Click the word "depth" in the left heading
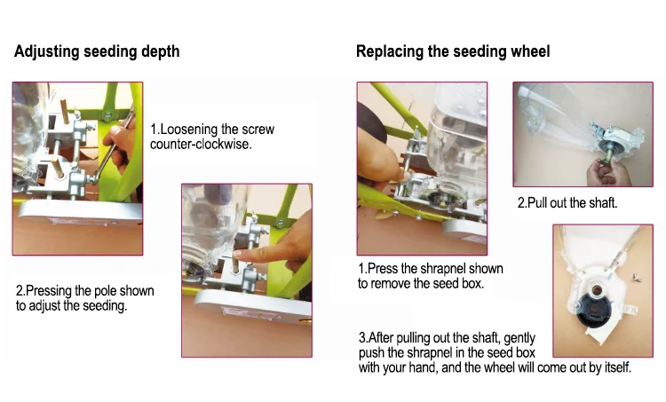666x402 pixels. (160, 51)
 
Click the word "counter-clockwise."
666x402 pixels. (201, 145)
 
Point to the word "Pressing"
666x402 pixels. (49, 291)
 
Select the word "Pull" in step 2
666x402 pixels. (537, 203)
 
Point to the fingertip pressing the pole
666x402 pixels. (239, 255)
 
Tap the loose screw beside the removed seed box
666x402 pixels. (637, 277)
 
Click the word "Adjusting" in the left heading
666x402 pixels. (47, 51)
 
